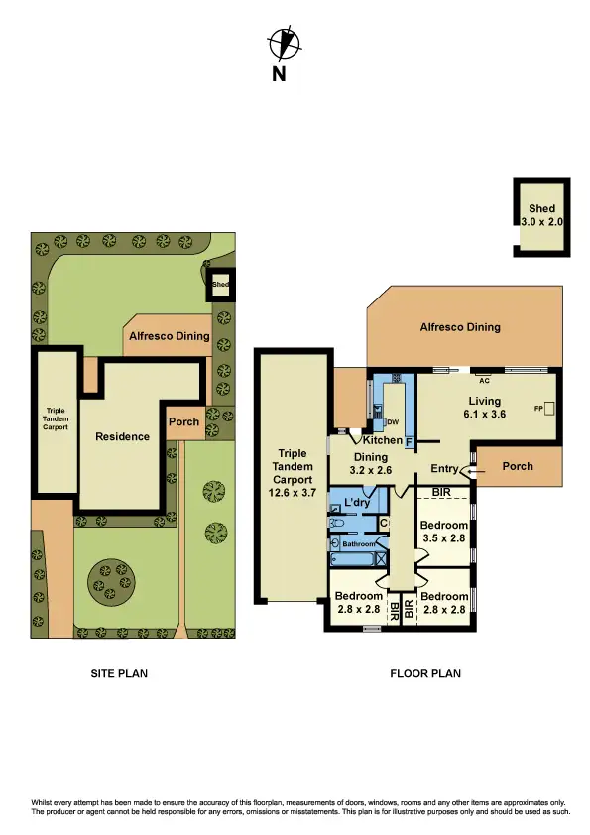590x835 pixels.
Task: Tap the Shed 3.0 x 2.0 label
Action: (541, 216)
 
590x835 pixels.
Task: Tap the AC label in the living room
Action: (485, 379)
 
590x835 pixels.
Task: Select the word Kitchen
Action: (382, 440)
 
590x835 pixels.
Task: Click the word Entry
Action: (443, 468)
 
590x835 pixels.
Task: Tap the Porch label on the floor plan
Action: (518, 466)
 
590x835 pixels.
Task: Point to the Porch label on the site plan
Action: (184, 421)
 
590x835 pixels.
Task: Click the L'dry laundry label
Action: (357, 503)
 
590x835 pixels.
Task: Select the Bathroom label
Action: (360, 543)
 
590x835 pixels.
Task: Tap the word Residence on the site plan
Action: (122, 436)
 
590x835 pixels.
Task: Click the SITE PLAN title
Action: (119, 674)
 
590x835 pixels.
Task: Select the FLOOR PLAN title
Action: (424, 674)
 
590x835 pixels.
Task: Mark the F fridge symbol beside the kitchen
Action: (409, 439)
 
